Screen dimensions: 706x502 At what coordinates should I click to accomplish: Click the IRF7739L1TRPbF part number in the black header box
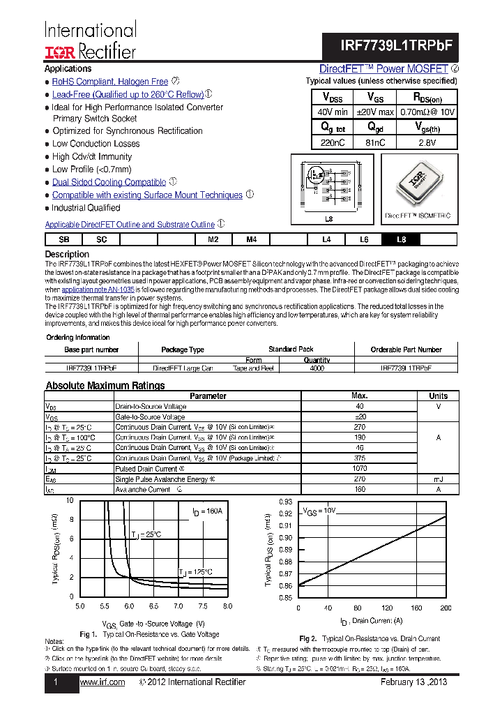click(397, 43)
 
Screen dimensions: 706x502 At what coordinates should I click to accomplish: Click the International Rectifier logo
click(90, 40)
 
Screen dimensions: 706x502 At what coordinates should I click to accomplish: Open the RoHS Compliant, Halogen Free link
click(110, 82)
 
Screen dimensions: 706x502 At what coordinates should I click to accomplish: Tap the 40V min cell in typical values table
click(333, 112)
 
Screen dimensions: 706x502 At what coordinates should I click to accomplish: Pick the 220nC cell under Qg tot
click(333, 142)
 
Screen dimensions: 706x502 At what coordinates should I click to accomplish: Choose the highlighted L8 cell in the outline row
click(401, 239)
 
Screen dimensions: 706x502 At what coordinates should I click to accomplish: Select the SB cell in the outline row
click(64, 239)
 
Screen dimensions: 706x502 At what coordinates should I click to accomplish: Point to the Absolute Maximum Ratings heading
click(105, 386)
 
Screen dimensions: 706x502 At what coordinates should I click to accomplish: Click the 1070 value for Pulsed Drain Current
click(360, 469)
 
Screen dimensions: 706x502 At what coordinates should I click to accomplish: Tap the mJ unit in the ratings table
click(438, 479)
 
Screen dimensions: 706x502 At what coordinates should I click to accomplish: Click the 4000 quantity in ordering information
click(317, 367)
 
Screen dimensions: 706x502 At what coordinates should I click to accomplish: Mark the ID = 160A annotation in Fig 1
click(207, 511)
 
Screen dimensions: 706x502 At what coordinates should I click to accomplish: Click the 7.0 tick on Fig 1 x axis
click(178, 606)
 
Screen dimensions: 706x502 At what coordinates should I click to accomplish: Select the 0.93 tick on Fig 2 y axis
click(285, 502)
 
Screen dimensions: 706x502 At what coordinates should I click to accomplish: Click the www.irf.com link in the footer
click(102, 682)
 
